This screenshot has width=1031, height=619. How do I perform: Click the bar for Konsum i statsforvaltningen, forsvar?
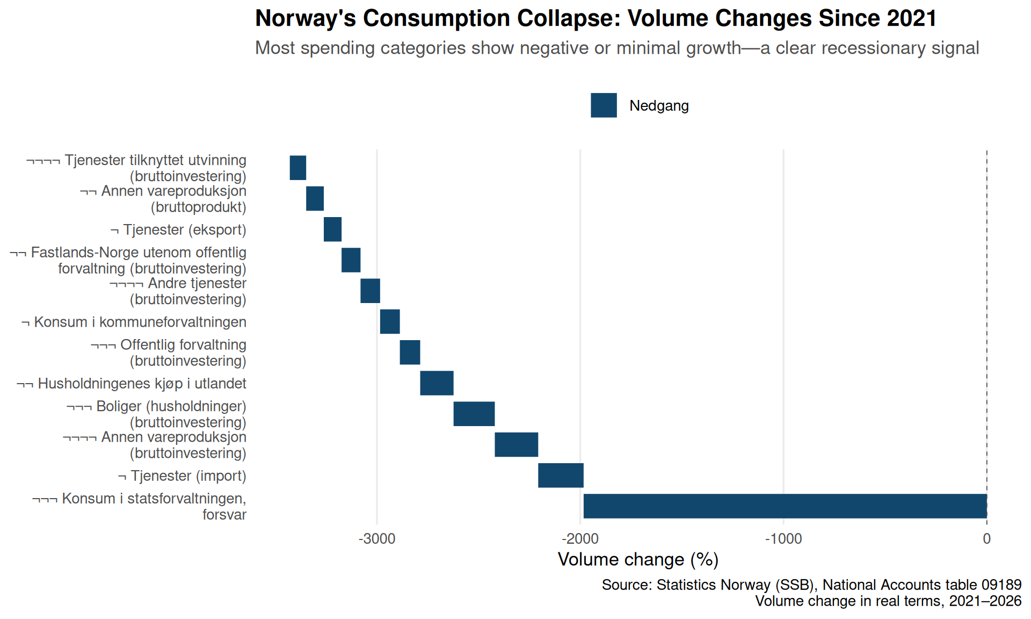click(785, 506)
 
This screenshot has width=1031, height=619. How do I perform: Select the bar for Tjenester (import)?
click(561, 476)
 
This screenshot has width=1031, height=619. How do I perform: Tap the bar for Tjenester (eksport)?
click(332, 229)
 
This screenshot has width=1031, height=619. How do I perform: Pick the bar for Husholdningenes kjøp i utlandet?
click(437, 383)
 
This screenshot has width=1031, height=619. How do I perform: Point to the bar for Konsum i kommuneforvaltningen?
click(390, 322)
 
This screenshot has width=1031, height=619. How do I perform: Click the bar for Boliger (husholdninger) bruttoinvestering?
click(474, 414)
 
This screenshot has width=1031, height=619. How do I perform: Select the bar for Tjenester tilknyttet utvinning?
click(298, 168)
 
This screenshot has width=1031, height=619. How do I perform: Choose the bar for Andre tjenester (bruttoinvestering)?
click(371, 291)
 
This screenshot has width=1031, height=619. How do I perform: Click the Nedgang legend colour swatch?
click(604, 105)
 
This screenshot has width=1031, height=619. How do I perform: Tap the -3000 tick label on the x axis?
click(377, 538)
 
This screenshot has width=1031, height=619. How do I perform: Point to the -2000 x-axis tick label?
click(580, 538)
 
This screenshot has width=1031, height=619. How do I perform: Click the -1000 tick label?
click(783, 538)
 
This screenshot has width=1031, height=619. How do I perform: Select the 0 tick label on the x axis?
click(987, 538)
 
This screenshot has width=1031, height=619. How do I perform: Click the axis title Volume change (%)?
click(638, 560)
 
